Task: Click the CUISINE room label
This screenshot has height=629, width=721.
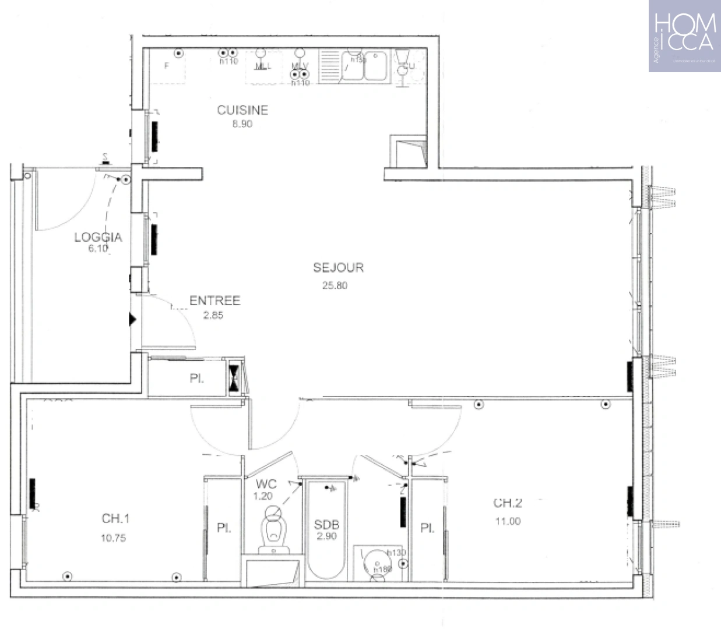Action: coord(242,110)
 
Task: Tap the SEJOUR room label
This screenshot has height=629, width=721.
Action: coord(338,268)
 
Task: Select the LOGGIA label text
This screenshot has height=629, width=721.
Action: coord(98,237)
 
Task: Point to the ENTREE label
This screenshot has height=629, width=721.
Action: coord(214,301)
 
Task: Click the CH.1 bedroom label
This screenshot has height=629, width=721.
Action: coord(115,518)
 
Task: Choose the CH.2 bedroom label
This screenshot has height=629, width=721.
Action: coord(508,503)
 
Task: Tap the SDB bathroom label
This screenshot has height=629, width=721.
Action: coord(326,525)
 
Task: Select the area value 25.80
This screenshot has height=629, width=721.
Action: coord(335,285)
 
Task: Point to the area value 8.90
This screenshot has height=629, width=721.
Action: coord(242,124)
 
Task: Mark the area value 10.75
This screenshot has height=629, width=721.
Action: coord(113,538)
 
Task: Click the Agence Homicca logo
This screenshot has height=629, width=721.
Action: coord(684,36)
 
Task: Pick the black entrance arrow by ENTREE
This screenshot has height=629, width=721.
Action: coord(132,320)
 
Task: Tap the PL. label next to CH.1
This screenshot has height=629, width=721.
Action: coord(224,528)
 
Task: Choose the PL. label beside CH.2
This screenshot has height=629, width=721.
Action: coord(427,528)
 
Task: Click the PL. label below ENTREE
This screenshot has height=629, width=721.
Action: coord(196,379)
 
